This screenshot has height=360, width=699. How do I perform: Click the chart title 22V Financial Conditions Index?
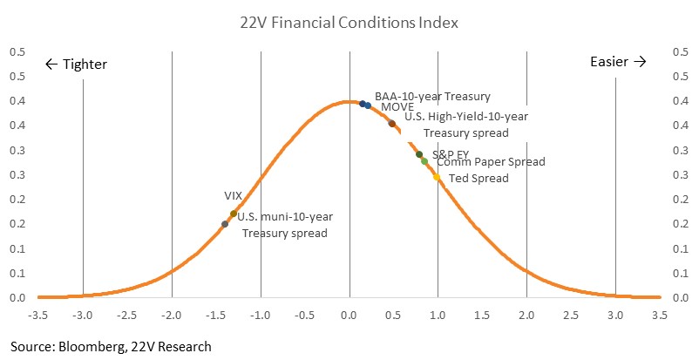click(x=349, y=23)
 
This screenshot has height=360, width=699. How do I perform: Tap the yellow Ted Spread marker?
click(x=437, y=177)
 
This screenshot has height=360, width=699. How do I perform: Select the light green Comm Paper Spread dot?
click(x=424, y=161)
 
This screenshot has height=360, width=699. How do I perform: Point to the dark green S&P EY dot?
click(x=419, y=154)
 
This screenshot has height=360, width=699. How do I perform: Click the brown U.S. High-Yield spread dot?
click(x=392, y=124)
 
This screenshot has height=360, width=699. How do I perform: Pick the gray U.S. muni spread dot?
click(x=225, y=224)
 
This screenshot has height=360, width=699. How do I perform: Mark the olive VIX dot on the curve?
click(x=234, y=214)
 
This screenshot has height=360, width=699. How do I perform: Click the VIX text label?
click(x=233, y=196)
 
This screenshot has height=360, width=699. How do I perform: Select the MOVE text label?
click(x=397, y=107)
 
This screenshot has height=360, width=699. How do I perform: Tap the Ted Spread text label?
click(x=478, y=179)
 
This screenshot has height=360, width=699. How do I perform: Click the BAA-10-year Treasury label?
click(x=432, y=97)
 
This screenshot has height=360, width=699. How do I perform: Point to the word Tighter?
click(x=85, y=65)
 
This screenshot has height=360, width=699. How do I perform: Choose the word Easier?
click(x=609, y=62)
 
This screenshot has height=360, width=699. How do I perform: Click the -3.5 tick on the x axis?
click(x=37, y=316)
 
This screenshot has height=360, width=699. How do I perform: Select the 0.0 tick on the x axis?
click(x=349, y=316)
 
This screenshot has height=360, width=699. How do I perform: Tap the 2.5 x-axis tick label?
click(x=571, y=316)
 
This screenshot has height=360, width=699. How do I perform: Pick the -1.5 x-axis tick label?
click(x=215, y=316)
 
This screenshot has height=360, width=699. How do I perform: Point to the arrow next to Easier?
click(x=640, y=62)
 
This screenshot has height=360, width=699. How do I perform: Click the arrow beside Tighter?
click(x=51, y=65)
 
